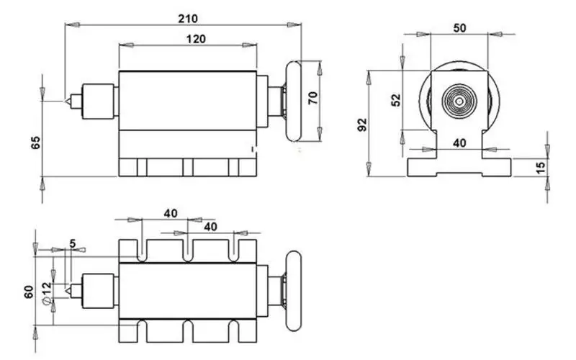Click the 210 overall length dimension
[x=181, y=17]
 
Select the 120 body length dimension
[x=186, y=40]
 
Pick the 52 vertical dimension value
[x=395, y=99]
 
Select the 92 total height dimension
[x=361, y=125]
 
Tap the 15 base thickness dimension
[x=541, y=167]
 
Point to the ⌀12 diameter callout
[x=46, y=294]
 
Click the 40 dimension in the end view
[x=459, y=143]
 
